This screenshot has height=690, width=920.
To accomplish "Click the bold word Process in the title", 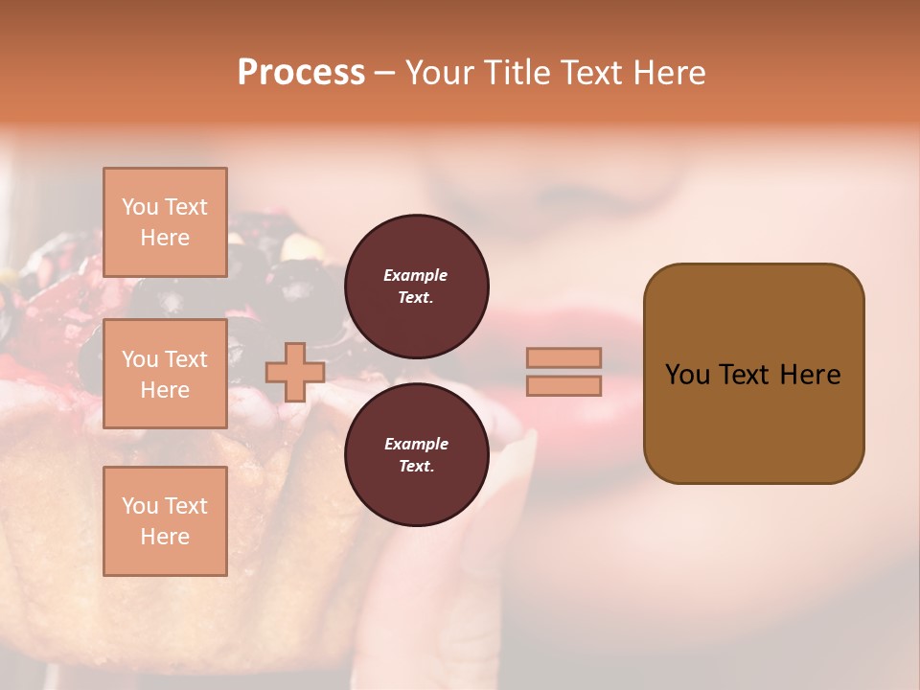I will pyautogui.click(x=301, y=73).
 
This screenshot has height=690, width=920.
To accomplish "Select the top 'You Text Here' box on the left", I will pyautogui.click(x=165, y=222).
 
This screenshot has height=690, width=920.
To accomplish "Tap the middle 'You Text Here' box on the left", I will pyautogui.click(x=165, y=374).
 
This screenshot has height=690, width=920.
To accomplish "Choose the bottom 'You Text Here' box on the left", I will pyautogui.click(x=165, y=520).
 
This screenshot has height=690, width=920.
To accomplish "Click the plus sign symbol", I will pyautogui.click(x=294, y=372).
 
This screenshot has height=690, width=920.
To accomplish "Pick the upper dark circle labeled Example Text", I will pyautogui.click(x=416, y=286).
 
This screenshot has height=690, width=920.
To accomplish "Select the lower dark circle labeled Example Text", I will pyautogui.click(x=416, y=454).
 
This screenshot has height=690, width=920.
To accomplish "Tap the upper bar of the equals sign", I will pyautogui.click(x=563, y=357).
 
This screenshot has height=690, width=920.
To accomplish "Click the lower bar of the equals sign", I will pyautogui.click(x=563, y=385).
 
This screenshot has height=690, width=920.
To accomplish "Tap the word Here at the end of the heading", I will pyautogui.click(x=670, y=73).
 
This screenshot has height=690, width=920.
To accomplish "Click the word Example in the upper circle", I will pyautogui.click(x=416, y=275).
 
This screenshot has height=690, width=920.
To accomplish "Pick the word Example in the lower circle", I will pyautogui.click(x=416, y=444).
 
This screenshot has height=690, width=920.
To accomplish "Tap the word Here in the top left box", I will pyautogui.click(x=165, y=238).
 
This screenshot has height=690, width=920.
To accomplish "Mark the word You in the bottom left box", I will pyautogui.click(x=139, y=505).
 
